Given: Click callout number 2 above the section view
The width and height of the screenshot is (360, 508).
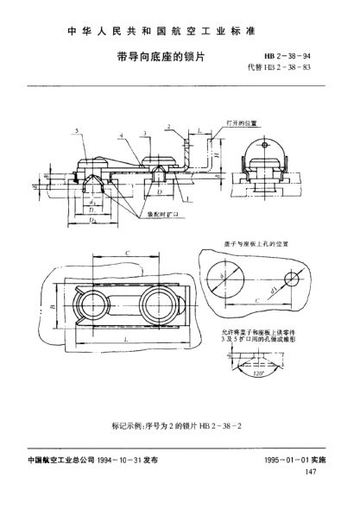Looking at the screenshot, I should point(170,126).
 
